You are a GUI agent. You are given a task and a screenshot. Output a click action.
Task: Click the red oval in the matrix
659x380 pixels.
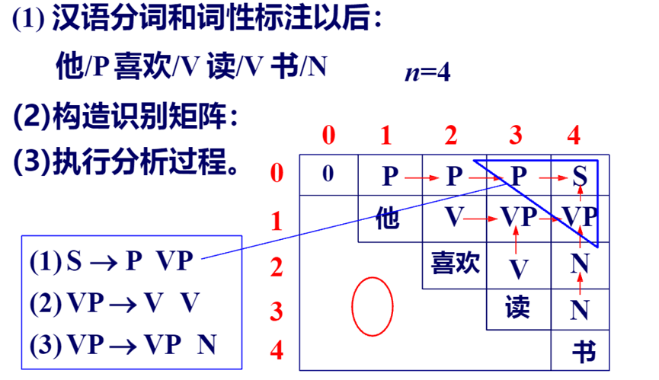[x=373, y=306]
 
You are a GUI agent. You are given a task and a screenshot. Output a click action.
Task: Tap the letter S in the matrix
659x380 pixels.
[x=580, y=176]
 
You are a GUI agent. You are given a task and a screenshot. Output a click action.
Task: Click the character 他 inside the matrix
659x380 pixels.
[x=388, y=220]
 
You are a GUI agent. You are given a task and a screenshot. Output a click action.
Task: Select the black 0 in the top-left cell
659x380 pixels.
[x=328, y=174]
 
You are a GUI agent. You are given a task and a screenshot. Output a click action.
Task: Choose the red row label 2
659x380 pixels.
[x=277, y=267]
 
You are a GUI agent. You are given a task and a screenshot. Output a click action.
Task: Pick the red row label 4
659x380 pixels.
[x=277, y=351]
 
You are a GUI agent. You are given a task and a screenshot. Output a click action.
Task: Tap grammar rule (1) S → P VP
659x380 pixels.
[x=112, y=262]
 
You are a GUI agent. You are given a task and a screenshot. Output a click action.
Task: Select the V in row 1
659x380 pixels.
[x=454, y=219]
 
